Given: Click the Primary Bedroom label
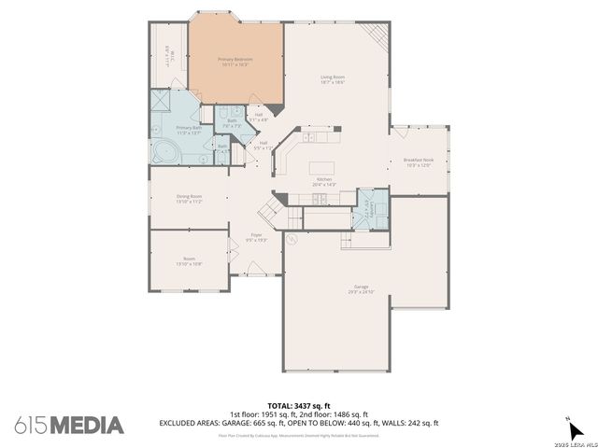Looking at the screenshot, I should coord(235,62).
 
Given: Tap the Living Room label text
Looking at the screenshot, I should coord(334,80).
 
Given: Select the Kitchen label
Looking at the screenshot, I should coord(324,182).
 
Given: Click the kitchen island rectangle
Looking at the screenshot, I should coord(324,169).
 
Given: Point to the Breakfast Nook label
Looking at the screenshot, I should coord(418,162).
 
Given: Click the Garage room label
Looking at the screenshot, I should coord(361,290).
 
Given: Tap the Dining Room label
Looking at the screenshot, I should coord(190,199).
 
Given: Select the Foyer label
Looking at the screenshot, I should coord(256,238).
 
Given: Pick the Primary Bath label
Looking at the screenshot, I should coord(189,130).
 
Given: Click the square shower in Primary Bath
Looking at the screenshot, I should coord(161,100).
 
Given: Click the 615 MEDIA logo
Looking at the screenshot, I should coord(68,425).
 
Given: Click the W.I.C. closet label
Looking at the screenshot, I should coord(165,56).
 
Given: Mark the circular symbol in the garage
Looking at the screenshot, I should coord(292,239).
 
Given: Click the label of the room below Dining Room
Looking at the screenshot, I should coord(190,261).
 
